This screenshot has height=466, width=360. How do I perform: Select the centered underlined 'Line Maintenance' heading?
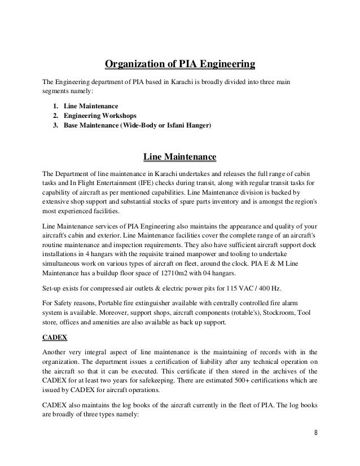tap(180, 155)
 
